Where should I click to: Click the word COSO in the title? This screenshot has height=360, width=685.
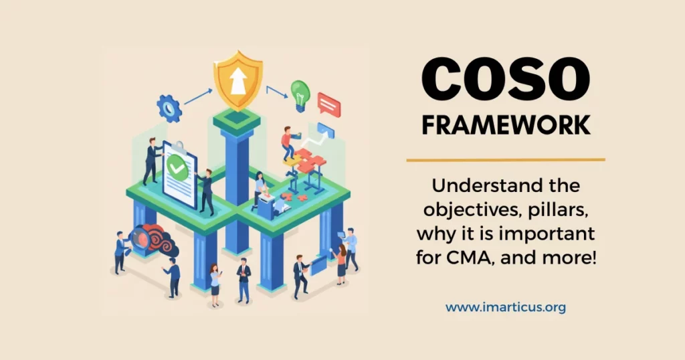pos(505,80)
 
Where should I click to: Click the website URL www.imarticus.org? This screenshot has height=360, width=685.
pos(506,308)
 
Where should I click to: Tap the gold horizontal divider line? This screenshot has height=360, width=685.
pos(506,160)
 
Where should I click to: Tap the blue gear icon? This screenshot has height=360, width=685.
pos(169,107)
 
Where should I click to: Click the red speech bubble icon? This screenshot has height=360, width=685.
pos(329,104)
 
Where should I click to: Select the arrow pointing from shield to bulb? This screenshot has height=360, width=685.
pos(276,90)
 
